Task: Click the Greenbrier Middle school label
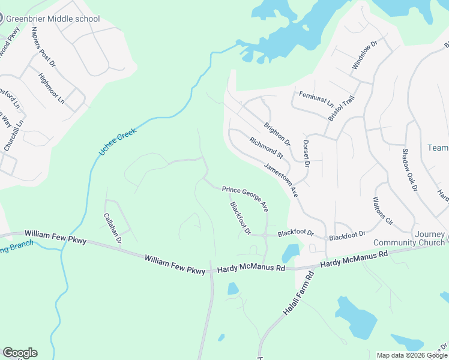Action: (x=53, y=19)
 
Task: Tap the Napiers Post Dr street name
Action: (x=43, y=46)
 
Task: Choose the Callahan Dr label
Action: (x=113, y=229)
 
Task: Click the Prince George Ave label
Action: (x=245, y=198)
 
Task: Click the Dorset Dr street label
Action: (x=306, y=154)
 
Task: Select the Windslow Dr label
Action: (x=364, y=55)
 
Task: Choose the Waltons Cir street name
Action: (x=382, y=211)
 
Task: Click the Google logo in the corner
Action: (x=20, y=353)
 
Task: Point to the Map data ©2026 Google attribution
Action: (x=412, y=355)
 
